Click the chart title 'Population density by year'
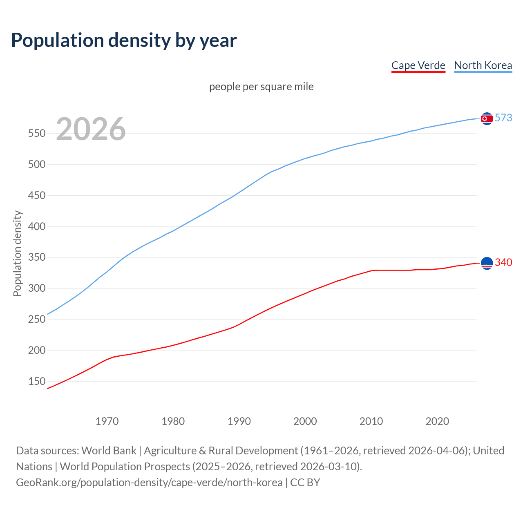(124, 40)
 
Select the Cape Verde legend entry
(418, 65)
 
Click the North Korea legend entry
(483, 65)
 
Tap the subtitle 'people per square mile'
(261, 87)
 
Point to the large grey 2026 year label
(91, 129)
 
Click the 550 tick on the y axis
(36, 134)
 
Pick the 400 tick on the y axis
(36, 226)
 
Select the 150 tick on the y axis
(36, 382)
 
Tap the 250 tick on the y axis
(36, 320)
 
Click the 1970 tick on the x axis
(107, 421)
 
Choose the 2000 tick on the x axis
(305, 421)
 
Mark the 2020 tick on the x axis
(437, 421)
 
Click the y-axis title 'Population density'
(17, 253)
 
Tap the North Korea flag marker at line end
(487, 118)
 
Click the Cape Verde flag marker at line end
(487, 264)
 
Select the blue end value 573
(503, 118)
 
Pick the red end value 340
(503, 263)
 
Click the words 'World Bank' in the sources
(109, 451)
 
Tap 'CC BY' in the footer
(305, 483)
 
